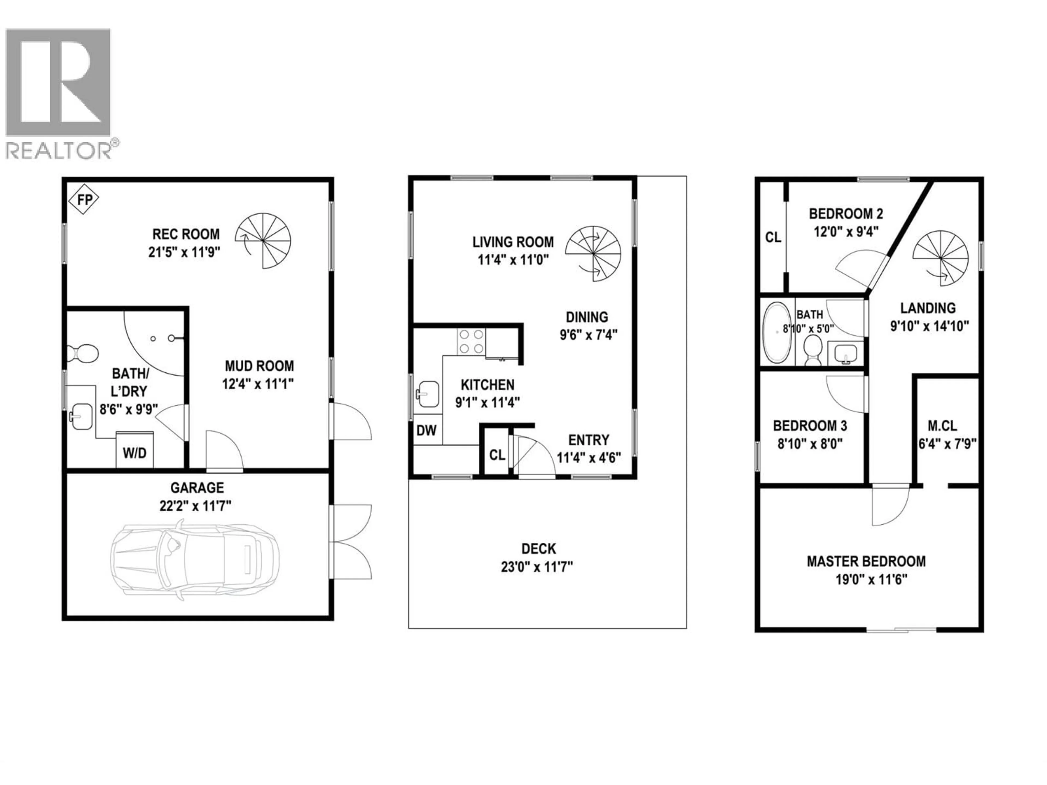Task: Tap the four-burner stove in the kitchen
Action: [471, 342]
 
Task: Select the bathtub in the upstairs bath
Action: [778, 333]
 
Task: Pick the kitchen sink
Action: [428, 394]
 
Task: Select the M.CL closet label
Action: [942, 426]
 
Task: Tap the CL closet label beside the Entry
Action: [497, 455]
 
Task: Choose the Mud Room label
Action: [259, 366]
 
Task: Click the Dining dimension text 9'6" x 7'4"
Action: [588, 335]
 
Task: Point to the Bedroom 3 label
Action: [810, 426]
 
